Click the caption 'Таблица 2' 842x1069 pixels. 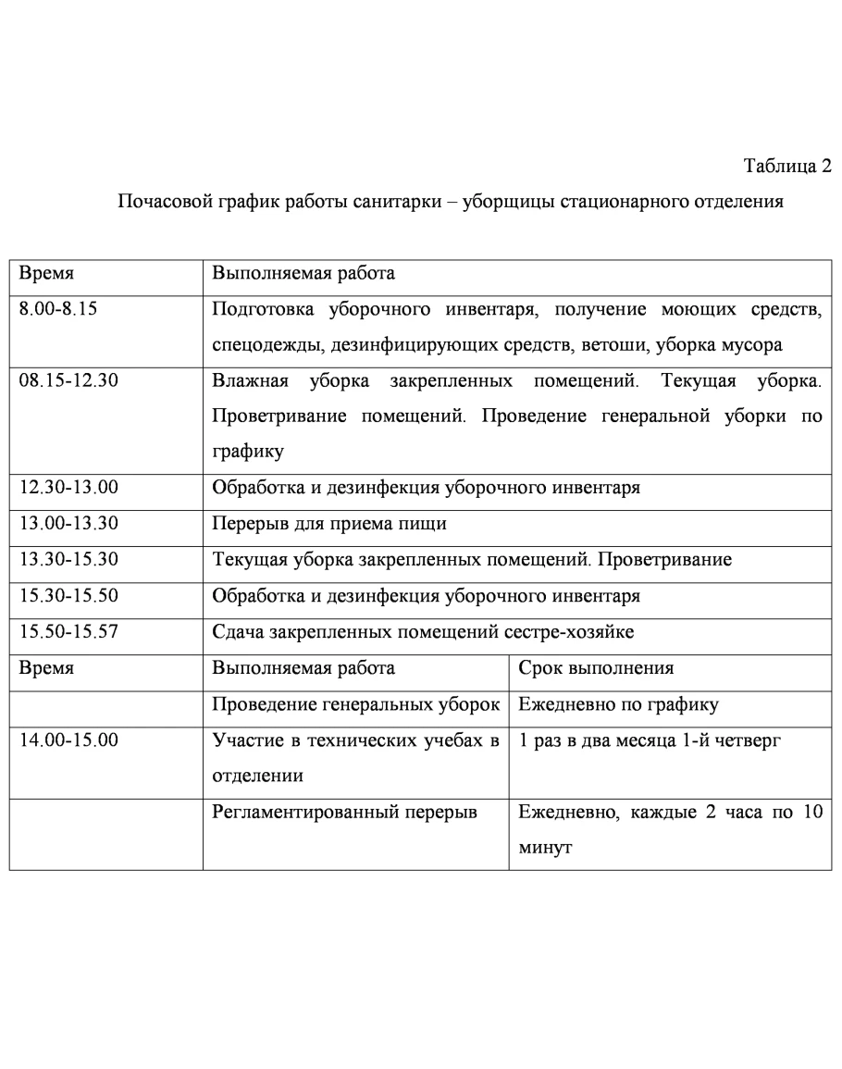[787, 167]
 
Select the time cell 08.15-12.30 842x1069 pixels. [68, 381]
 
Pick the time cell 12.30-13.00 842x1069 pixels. [68, 489]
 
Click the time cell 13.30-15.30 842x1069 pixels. [68, 560]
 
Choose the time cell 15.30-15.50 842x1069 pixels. [68, 596]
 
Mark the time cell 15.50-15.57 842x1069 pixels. [68, 632]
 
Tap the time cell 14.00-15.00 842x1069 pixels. [68, 740]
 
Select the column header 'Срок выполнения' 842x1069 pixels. [596, 668]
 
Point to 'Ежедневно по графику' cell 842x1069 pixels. [618, 704]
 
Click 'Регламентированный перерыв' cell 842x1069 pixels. [344, 812]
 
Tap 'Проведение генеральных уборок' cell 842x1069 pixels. [356, 704]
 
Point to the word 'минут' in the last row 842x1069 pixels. [544, 848]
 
